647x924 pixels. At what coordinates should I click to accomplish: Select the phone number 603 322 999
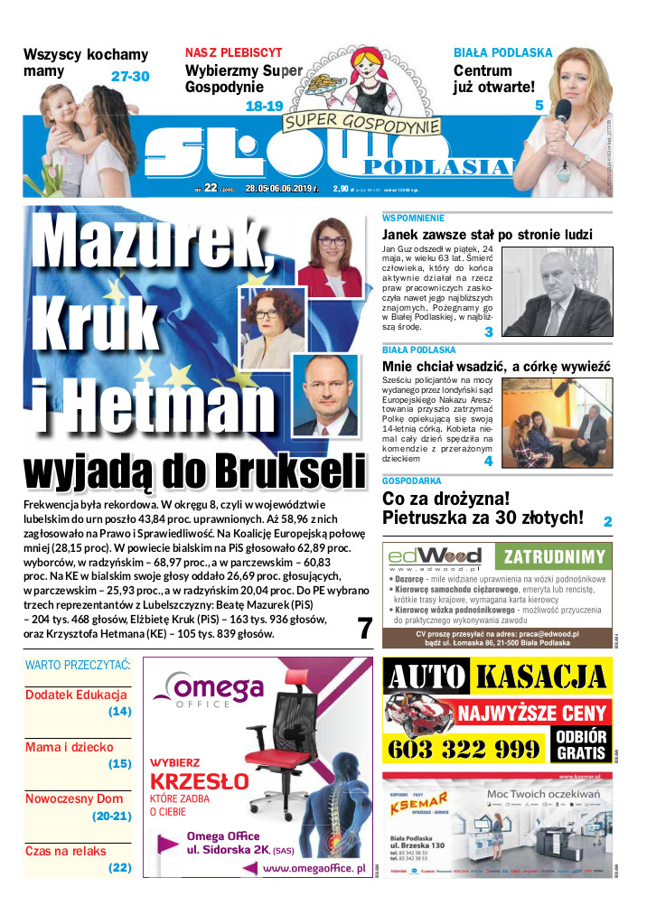(x=463, y=749)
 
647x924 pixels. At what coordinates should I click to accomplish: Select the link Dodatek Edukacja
(x=76, y=695)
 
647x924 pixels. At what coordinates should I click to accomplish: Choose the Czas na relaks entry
(x=65, y=851)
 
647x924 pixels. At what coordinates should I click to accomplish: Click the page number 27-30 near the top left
(x=130, y=77)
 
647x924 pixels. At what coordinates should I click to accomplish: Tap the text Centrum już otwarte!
(x=494, y=79)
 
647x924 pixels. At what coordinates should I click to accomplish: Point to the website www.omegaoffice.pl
(x=314, y=868)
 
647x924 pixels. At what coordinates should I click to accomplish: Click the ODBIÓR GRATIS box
(x=581, y=742)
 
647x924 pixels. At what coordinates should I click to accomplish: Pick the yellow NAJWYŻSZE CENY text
(x=532, y=713)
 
